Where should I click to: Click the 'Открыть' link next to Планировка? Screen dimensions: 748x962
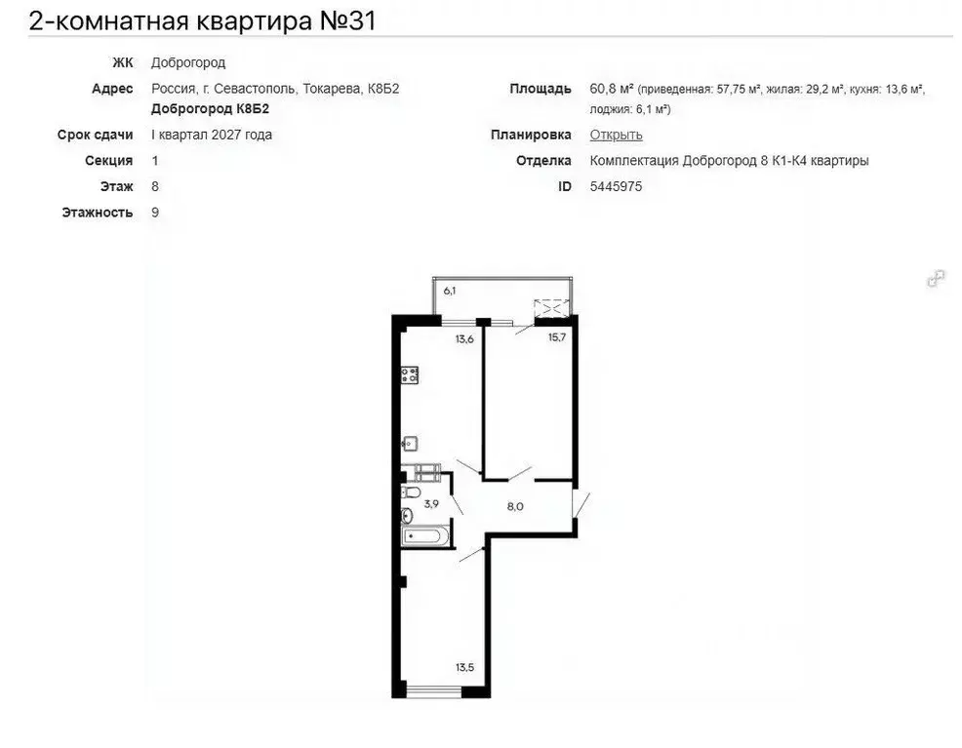pyautogui.click(x=616, y=136)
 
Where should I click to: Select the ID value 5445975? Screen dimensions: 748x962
pyautogui.click(x=616, y=186)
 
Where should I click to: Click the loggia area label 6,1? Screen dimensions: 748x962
pyautogui.click(x=450, y=291)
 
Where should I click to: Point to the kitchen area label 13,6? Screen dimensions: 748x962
pyautogui.click(x=463, y=339)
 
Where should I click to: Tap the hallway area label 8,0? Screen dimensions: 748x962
pyautogui.click(x=515, y=506)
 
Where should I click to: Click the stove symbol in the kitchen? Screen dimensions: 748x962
pyautogui.click(x=410, y=374)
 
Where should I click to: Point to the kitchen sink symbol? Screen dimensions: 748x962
pyautogui.click(x=409, y=442)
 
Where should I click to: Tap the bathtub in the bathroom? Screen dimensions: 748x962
pyautogui.click(x=423, y=536)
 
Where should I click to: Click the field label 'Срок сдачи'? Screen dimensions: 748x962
pyautogui.click(x=95, y=136)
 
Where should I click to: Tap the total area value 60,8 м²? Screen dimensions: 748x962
pyautogui.click(x=611, y=89)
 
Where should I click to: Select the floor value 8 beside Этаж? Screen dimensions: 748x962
pyautogui.click(x=155, y=186)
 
